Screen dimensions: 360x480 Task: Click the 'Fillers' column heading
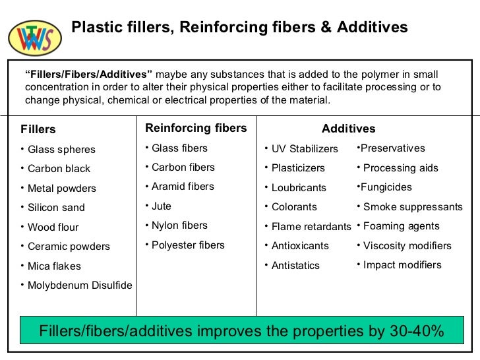click(38, 129)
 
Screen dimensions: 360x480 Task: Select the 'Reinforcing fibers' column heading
click(196, 128)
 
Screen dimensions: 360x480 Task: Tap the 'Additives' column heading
click(348, 129)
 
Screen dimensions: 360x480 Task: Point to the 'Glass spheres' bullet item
click(61, 150)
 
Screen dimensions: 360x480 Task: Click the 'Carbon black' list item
click(59, 169)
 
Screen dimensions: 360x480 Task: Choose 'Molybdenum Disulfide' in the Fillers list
click(80, 285)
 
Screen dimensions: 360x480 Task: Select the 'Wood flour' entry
click(53, 227)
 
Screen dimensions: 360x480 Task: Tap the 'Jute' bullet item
click(161, 206)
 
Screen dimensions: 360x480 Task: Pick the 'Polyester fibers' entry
click(188, 245)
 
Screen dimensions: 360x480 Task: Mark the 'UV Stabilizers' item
click(305, 149)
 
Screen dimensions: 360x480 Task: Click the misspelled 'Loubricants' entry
click(299, 188)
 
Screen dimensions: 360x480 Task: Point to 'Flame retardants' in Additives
click(311, 227)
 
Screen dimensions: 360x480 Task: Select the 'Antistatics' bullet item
click(295, 266)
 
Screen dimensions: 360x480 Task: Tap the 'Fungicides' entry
click(386, 187)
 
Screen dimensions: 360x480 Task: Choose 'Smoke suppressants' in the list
click(413, 207)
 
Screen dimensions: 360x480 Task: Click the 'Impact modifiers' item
click(402, 265)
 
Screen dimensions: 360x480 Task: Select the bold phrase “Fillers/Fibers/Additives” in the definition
click(89, 75)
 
